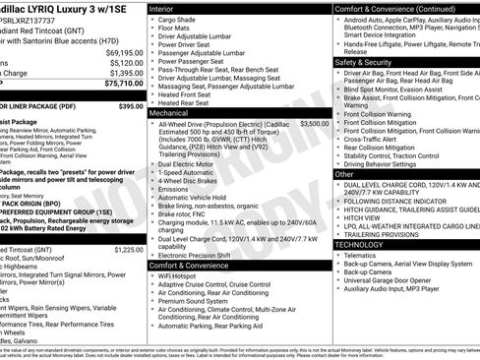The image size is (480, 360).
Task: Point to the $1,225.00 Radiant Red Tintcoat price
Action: point(128,250)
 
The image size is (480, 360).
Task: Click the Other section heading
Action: point(345,173)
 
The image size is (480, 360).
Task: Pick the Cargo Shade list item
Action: point(179,20)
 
